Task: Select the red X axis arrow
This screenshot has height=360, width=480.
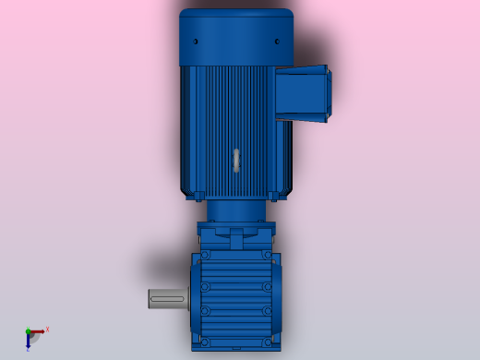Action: [39, 330]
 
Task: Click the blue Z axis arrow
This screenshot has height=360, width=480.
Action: [29, 342]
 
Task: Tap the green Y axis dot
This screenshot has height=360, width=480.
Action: [28, 331]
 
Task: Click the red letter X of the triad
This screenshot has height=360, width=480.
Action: [47, 329]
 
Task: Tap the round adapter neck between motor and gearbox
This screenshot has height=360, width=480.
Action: [236, 210]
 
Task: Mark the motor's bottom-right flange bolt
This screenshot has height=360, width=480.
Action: [274, 194]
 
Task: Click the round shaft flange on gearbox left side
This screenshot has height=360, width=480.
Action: [194, 298]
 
